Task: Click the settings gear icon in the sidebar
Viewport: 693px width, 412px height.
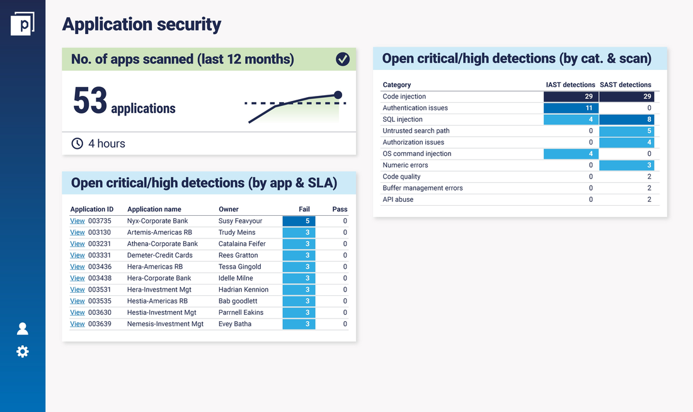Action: pos(23,351)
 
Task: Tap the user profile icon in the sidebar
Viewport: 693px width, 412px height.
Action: pos(23,329)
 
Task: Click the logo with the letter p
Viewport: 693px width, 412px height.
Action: pos(23,23)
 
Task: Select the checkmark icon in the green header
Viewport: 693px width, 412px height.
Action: pos(343,59)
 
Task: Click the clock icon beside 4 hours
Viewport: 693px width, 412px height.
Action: pos(77,144)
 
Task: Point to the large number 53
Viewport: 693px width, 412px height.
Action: pos(90,101)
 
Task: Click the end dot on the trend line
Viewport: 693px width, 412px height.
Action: pos(338,95)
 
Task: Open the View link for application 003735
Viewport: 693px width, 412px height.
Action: pos(77,221)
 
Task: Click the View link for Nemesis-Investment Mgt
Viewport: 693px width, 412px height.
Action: pos(77,324)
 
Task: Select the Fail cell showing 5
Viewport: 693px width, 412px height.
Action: pos(299,221)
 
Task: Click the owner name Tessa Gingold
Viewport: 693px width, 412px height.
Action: pos(239,267)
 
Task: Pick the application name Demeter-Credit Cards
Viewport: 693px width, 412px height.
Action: pos(160,256)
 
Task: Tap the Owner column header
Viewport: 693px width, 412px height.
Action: pos(229,209)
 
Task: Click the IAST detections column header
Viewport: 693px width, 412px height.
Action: pos(570,85)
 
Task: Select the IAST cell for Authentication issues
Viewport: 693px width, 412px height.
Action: pos(571,108)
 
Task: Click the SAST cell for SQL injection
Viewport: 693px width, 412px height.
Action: pos(627,119)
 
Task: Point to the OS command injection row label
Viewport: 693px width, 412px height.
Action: pos(417,154)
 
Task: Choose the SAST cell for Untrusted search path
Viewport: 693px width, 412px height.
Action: pos(627,131)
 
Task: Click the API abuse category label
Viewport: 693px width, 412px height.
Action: pos(398,199)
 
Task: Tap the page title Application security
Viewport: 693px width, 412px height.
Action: pos(142,25)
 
